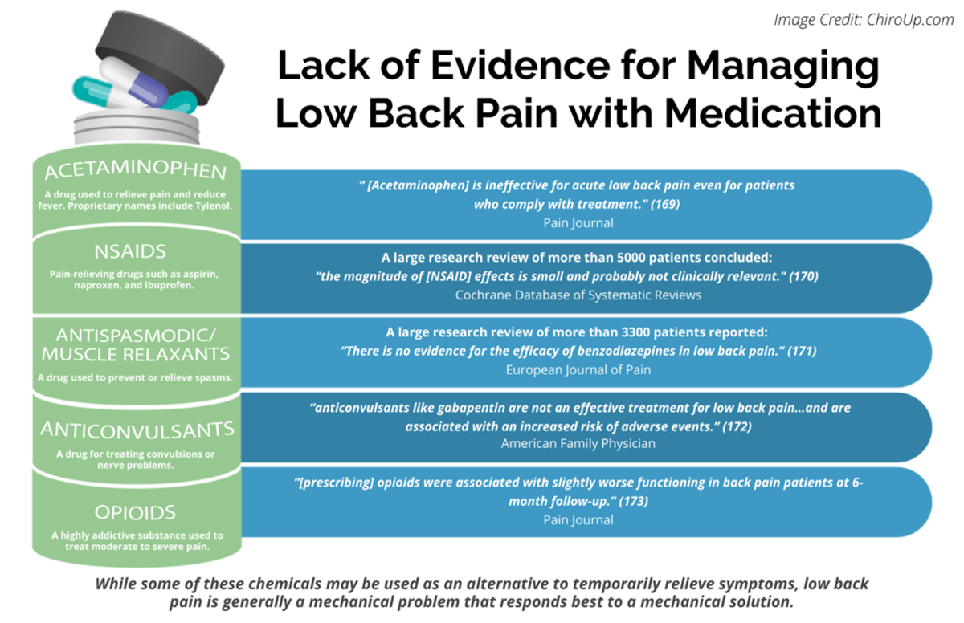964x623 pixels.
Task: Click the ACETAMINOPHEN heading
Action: (136, 172)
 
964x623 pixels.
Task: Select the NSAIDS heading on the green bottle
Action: (136, 252)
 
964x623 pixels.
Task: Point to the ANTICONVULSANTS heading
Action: (136, 430)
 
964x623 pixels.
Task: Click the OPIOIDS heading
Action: (136, 512)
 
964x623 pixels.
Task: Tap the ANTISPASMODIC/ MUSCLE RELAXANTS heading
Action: (136, 343)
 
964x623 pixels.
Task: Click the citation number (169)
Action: (664, 204)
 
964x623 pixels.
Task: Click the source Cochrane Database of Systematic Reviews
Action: (578, 295)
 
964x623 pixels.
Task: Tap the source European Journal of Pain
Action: (578, 369)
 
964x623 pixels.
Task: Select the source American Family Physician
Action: (578, 443)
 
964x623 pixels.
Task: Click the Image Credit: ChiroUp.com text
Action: (864, 20)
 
